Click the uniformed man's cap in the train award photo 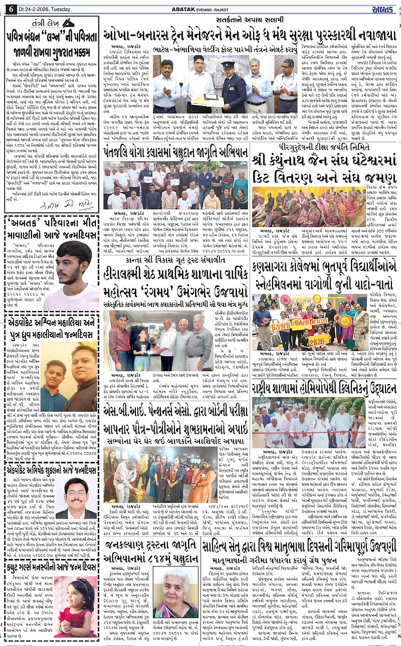click(x=228, y=65)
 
